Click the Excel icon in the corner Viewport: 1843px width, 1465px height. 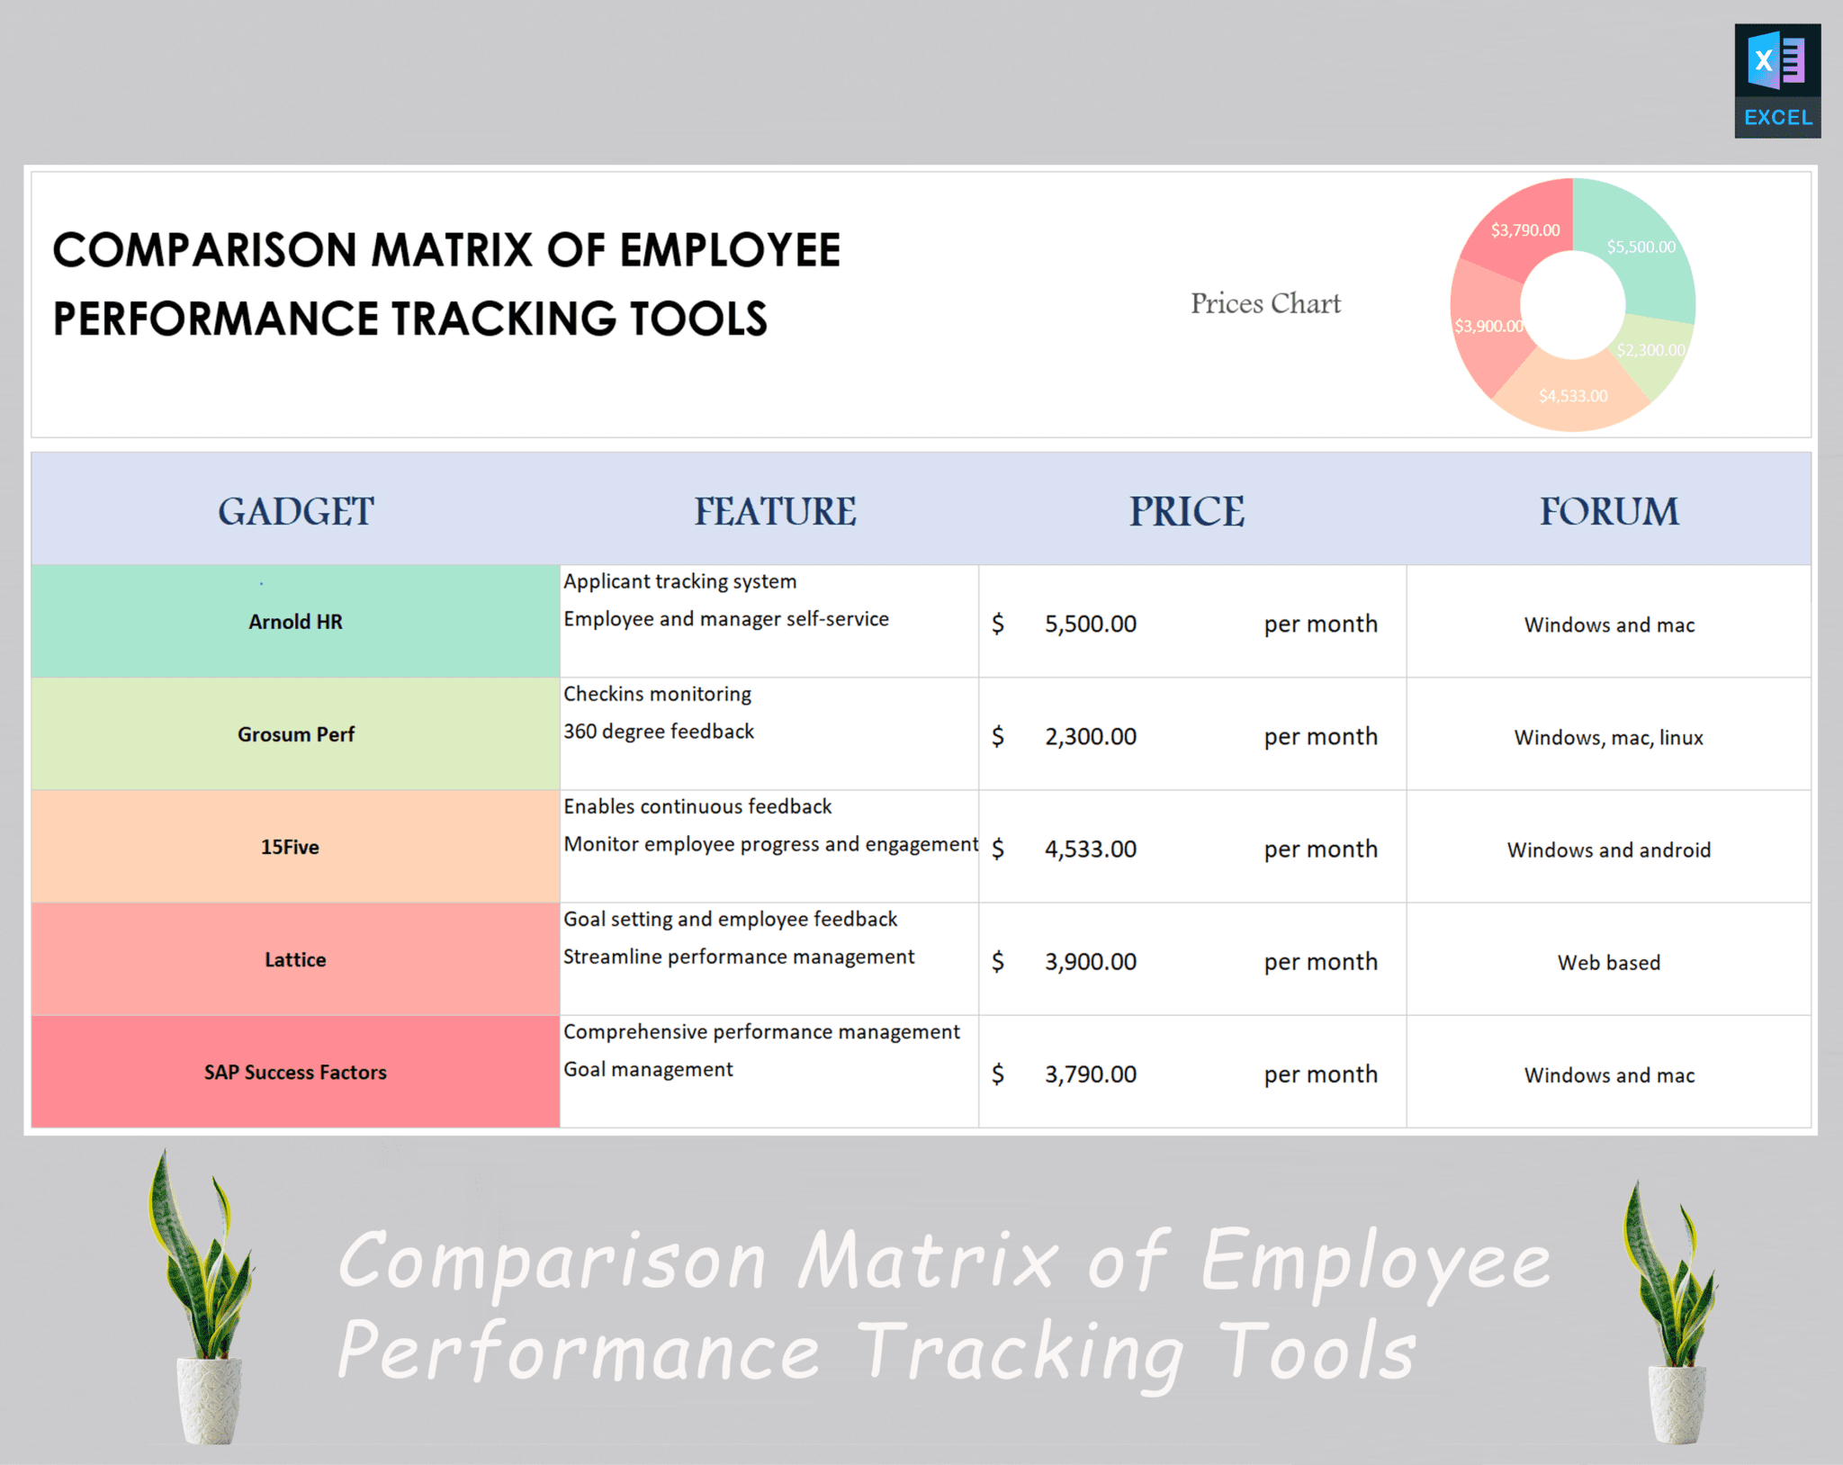point(1776,81)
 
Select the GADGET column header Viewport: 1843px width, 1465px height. point(295,511)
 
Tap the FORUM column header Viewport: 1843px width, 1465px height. point(1608,511)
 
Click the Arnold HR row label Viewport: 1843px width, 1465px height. point(295,622)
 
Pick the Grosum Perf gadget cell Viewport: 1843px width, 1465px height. point(295,734)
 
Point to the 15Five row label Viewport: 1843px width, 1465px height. point(290,847)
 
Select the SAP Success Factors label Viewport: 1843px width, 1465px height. point(295,1072)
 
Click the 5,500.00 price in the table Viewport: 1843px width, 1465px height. point(1090,624)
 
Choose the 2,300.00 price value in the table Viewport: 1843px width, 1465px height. point(1090,736)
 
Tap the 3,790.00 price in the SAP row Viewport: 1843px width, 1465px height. point(1090,1074)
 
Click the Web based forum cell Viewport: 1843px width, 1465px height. point(1608,962)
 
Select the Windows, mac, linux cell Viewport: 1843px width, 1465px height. point(1608,737)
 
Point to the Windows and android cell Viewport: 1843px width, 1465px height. point(1608,849)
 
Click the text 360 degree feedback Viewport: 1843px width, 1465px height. point(659,732)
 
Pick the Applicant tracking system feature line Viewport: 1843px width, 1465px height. point(679,581)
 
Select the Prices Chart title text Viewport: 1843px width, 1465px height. point(1265,303)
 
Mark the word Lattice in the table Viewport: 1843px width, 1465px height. point(295,959)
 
